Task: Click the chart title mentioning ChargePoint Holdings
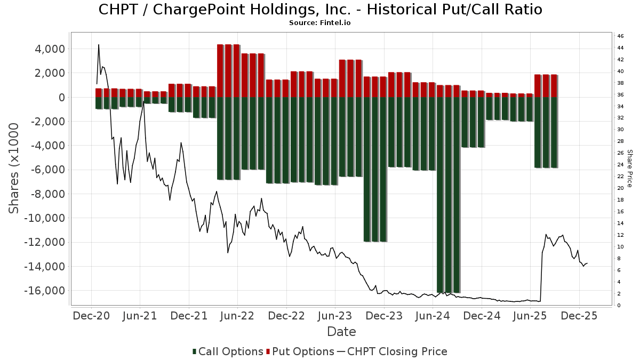320,10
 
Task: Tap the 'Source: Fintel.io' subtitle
320,23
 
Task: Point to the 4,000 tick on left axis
49,49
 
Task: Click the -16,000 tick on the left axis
45,291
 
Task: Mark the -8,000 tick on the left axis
47,194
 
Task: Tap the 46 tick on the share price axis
620,36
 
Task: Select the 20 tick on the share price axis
620,188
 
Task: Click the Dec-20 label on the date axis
91,316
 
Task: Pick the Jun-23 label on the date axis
335,316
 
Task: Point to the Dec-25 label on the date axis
579,316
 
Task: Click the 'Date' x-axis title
341,332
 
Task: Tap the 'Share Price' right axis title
629,168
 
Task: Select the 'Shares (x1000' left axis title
14,168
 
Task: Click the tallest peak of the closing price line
99,45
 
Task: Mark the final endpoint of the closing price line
587,263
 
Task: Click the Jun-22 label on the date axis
237,316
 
